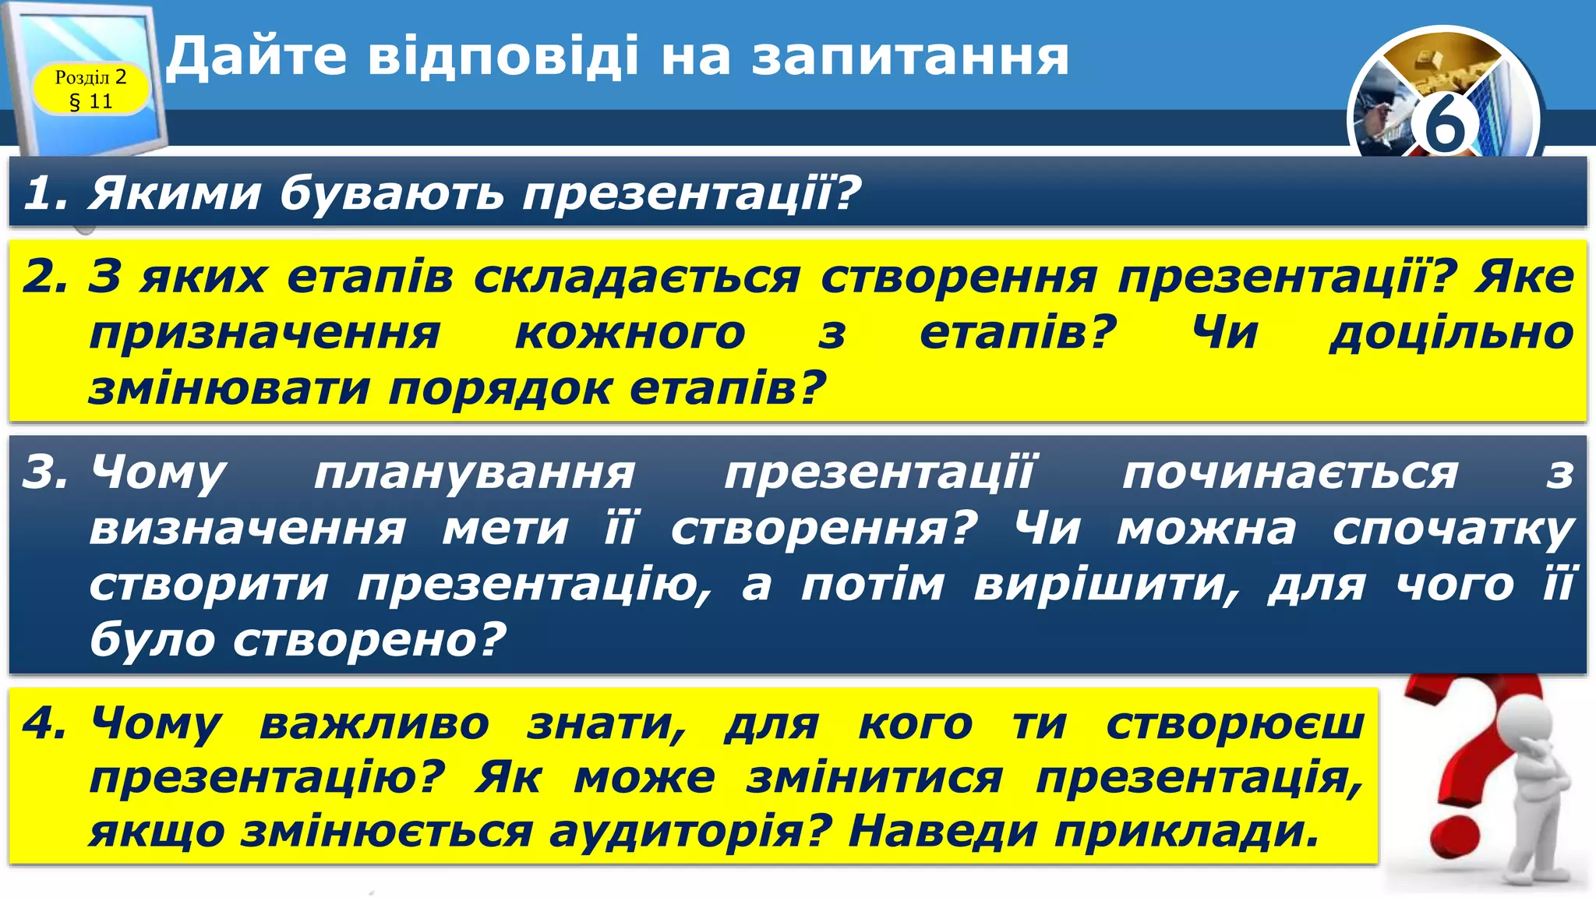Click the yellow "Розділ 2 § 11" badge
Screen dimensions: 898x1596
pyautogui.click(x=90, y=89)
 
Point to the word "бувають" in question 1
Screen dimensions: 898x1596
pyautogui.click(x=391, y=193)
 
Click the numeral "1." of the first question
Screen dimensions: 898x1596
pyautogui.click(x=48, y=193)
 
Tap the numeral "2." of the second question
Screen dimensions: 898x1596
pyautogui.click(x=48, y=276)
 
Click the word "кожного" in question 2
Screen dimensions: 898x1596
pyautogui.click(x=630, y=334)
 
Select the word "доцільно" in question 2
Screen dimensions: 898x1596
pyautogui.click(x=1451, y=333)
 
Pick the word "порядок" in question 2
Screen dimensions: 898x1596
pyautogui.click(x=500, y=388)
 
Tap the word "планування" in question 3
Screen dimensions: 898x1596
pyautogui.click(x=474, y=472)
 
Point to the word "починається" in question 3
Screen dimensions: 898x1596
pyautogui.click(x=1290, y=473)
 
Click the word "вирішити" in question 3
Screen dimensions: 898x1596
pyautogui.click(x=1107, y=585)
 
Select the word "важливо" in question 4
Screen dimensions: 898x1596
pyautogui.click(x=374, y=723)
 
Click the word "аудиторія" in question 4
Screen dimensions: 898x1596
pyautogui.click(x=687, y=831)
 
